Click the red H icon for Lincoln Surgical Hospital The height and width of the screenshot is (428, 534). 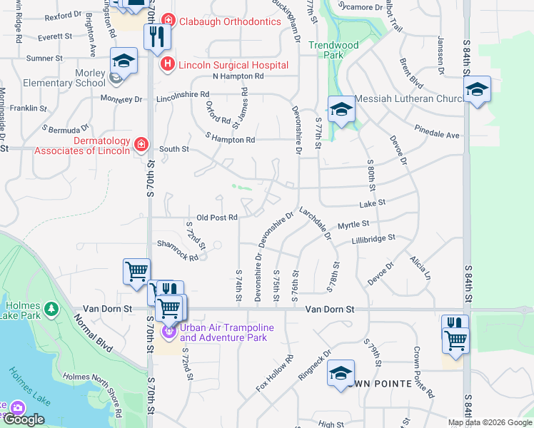(167, 65)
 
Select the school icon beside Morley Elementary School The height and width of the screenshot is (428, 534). (124, 63)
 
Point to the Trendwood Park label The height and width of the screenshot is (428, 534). (333, 50)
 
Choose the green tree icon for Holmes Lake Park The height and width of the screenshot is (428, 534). (51, 309)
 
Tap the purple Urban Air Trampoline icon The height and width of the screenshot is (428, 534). (169, 332)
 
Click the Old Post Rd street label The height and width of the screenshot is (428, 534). (216, 218)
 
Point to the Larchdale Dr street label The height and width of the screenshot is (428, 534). (316, 223)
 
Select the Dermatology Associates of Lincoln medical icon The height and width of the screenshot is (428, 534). (141, 146)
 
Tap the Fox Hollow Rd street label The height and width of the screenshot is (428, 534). (275, 374)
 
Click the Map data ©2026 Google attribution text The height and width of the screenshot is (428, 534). (490, 422)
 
